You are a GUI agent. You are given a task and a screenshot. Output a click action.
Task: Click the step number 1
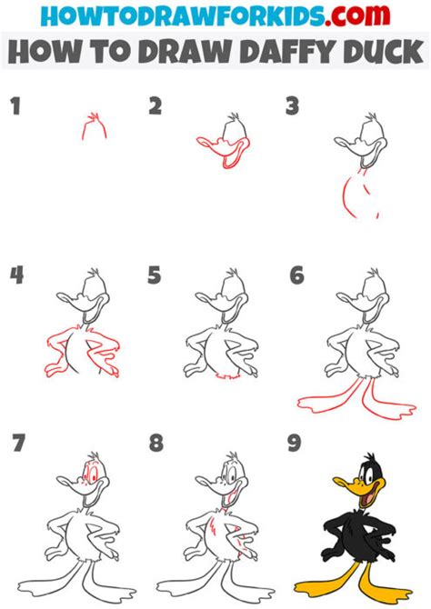[x=15, y=106]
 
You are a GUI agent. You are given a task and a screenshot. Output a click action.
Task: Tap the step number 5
[x=154, y=275]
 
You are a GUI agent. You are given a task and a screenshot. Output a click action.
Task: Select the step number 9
[x=295, y=443]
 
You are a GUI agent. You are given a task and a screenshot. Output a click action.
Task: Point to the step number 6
[x=296, y=275]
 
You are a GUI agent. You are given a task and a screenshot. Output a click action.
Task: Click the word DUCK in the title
[x=384, y=52]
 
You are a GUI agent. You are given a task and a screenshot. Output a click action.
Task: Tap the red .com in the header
[x=357, y=15]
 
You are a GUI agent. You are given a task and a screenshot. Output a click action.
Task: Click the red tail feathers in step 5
[x=227, y=376]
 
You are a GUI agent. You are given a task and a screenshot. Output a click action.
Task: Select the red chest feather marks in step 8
[x=213, y=527]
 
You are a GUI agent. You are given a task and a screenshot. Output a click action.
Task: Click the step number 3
[x=292, y=106]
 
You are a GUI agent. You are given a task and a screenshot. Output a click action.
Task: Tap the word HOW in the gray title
[x=43, y=52]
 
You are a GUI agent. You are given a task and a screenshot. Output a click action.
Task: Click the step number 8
[x=155, y=443]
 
